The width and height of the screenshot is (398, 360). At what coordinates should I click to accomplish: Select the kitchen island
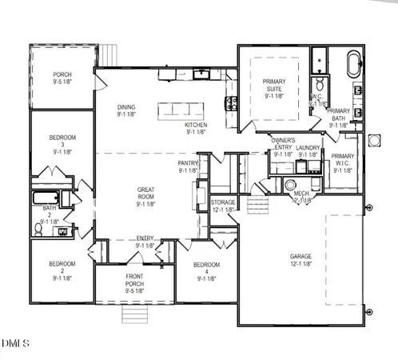(183, 110)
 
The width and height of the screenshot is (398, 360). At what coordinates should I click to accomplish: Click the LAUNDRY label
(308, 151)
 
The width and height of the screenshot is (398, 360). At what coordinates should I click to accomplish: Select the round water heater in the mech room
(290, 185)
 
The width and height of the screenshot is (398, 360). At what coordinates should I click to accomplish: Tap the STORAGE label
(223, 206)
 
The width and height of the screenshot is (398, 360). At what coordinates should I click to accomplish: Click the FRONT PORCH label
(135, 285)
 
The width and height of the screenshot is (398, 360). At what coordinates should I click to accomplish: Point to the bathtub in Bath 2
(44, 198)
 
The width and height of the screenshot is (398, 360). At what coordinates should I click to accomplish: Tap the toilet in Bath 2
(38, 229)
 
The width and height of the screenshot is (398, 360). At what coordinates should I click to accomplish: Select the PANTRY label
(188, 166)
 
